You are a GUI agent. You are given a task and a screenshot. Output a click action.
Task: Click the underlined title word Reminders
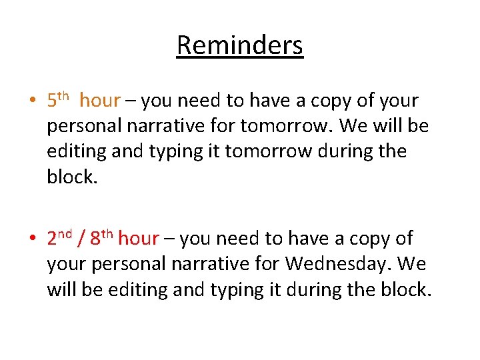(240, 45)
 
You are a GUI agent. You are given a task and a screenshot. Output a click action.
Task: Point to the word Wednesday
(340, 264)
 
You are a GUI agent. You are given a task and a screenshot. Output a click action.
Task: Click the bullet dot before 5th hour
(32, 101)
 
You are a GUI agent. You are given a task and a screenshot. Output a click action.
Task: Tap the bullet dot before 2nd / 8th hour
(32, 239)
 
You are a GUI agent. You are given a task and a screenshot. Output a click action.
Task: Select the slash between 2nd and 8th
(81, 239)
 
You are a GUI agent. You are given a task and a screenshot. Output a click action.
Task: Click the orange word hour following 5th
(99, 101)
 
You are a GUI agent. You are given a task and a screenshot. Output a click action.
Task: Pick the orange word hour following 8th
(139, 239)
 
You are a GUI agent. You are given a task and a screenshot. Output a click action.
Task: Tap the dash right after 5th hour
(131, 101)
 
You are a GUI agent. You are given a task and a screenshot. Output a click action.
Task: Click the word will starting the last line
(61, 289)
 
